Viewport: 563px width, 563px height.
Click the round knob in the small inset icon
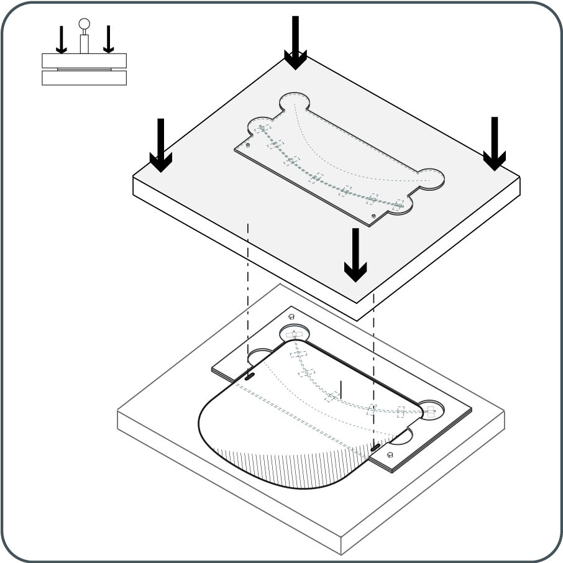[85, 24]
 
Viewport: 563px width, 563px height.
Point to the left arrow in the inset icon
[61, 40]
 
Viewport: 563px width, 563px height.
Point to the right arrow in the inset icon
[109, 40]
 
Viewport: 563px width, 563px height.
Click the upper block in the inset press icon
[84, 60]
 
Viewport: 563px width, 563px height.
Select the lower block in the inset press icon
[84, 78]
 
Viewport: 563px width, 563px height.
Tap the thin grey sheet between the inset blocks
[84, 69]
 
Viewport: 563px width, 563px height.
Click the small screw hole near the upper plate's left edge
[248, 145]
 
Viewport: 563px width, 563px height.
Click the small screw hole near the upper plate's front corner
[373, 216]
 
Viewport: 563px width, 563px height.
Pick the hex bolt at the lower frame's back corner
[291, 316]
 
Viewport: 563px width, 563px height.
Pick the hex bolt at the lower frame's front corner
[390, 455]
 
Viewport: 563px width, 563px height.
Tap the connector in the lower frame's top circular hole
[295, 334]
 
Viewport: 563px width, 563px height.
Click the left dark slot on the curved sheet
[249, 375]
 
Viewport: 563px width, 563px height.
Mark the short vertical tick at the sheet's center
[341, 388]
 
